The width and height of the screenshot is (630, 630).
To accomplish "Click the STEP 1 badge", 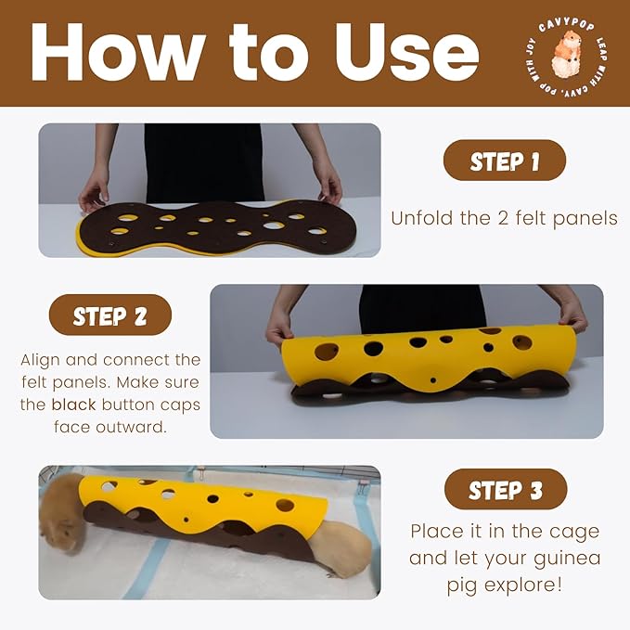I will tap(504, 161).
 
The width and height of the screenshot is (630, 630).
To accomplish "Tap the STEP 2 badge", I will tap(110, 315).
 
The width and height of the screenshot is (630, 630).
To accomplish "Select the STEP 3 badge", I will tap(505, 489).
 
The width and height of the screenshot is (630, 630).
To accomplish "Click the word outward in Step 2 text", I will tap(133, 427).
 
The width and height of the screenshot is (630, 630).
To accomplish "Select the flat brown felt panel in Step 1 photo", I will tap(204, 225).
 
